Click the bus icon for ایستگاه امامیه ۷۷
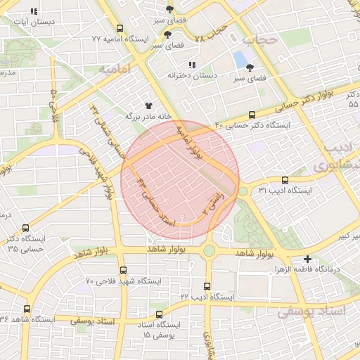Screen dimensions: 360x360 (120, 30)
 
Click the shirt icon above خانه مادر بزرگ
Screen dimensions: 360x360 (148, 105)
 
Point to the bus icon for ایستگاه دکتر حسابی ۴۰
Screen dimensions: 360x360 (252, 115)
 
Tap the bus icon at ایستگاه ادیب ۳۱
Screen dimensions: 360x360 (285, 180)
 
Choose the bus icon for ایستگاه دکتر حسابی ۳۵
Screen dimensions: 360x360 (26, 228)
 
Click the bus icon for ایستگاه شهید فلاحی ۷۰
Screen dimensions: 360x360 (123, 270)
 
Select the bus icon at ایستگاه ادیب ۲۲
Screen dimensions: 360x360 (207, 286)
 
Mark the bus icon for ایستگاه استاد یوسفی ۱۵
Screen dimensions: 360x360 (159, 314)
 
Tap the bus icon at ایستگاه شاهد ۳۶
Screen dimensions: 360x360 (27, 309)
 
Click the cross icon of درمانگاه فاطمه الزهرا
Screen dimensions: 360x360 (308, 259)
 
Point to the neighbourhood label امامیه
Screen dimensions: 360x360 (115, 70)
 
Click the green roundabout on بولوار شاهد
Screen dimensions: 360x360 (209, 250)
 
